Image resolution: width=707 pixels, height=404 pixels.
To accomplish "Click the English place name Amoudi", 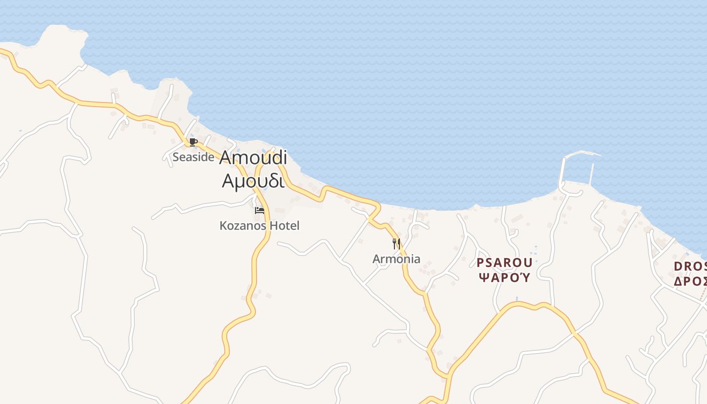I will (253, 158).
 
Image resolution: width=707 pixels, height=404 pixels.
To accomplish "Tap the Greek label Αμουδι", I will (253, 180).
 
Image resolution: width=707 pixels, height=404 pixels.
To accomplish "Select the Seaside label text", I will (193, 157).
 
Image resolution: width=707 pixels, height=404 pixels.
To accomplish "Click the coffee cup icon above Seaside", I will (193, 142).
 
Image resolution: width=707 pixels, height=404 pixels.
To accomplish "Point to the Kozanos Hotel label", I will (259, 226).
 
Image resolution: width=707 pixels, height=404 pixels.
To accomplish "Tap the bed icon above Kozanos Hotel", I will (260, 210).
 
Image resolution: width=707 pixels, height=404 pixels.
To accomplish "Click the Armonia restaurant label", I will (396, 259).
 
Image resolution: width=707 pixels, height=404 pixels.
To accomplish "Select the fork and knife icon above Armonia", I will (396, 244).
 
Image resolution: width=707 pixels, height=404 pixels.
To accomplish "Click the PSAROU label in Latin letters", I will (504, 263).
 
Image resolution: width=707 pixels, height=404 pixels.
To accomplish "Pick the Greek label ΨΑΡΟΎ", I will (504, 277).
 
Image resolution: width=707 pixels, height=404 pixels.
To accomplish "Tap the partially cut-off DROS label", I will (690, 266).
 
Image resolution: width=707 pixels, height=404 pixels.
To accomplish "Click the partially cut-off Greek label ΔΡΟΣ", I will (690, 281).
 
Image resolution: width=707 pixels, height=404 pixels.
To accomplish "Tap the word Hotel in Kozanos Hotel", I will (285, 226).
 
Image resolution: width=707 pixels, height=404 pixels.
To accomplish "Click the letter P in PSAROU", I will (480, 263).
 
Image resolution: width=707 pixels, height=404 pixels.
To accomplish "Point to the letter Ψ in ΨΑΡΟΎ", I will (483, 277).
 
